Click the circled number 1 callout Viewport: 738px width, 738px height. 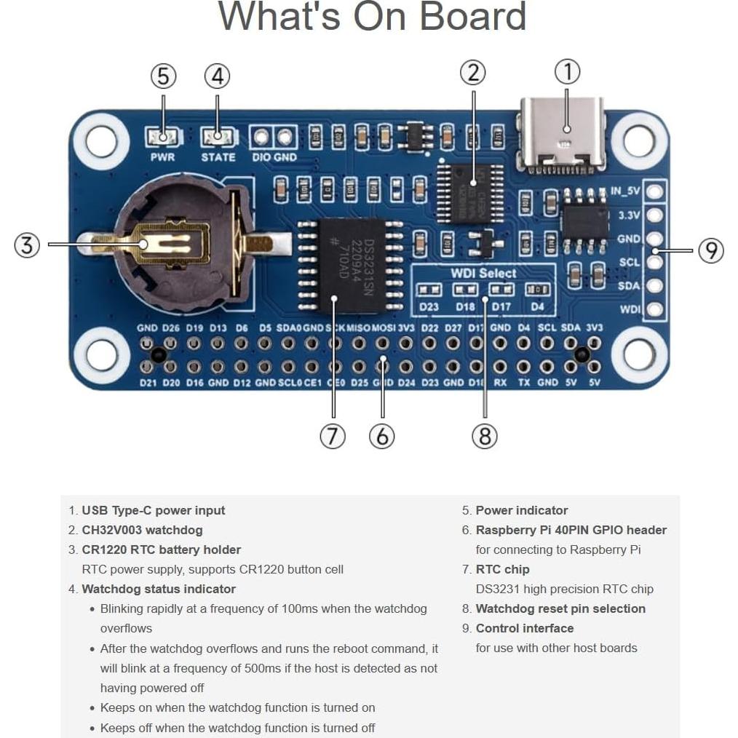tap(568, 72)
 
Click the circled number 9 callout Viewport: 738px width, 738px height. tap(711, 250)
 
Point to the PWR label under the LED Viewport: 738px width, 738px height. tap(162, 157)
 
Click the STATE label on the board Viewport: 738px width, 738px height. tap(218, 157)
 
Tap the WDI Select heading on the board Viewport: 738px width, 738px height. tap(483, 274)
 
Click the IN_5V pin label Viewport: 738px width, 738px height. tap(625, 191)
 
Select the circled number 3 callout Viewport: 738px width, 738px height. tap(27, 245)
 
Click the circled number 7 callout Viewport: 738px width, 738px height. tap(333, 436)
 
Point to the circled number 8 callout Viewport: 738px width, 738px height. tap(485, 436)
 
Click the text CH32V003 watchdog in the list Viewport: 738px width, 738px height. tap(142, 530)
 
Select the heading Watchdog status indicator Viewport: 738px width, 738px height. tap(159, 589)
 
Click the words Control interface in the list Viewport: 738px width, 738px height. tap(524, 628)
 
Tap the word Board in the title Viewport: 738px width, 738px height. tap(473, 16)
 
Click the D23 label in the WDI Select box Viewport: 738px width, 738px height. tap(429, 306)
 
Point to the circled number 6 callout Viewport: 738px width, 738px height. tap(381, 436)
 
